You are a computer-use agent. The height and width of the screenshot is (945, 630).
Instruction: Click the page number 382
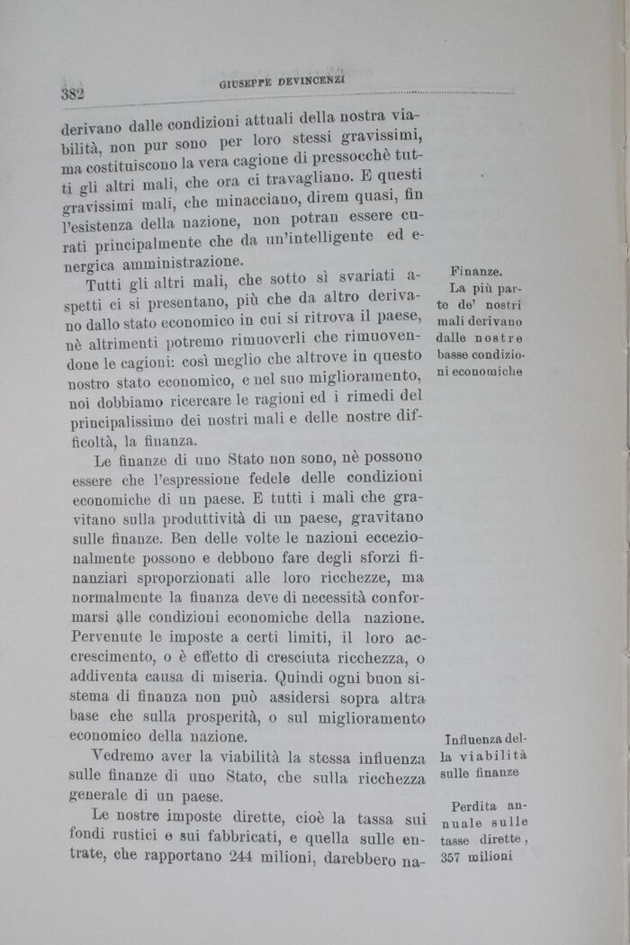(72, 93)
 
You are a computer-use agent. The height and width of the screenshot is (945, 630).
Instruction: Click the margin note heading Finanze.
(476, 270)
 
